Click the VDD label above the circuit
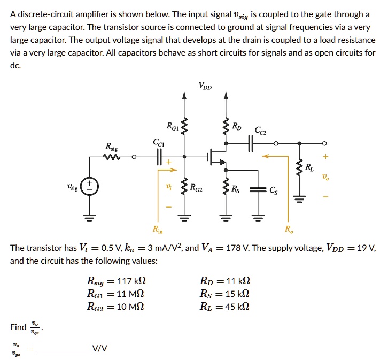(x=204, y=86)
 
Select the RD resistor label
(x=237, y=127)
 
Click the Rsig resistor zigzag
(x=113, y=157)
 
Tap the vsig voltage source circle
(x=90, y=188)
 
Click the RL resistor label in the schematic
(x=309, y=168)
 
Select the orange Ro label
(x=289, y=230)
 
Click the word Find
(x=18, y=326)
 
